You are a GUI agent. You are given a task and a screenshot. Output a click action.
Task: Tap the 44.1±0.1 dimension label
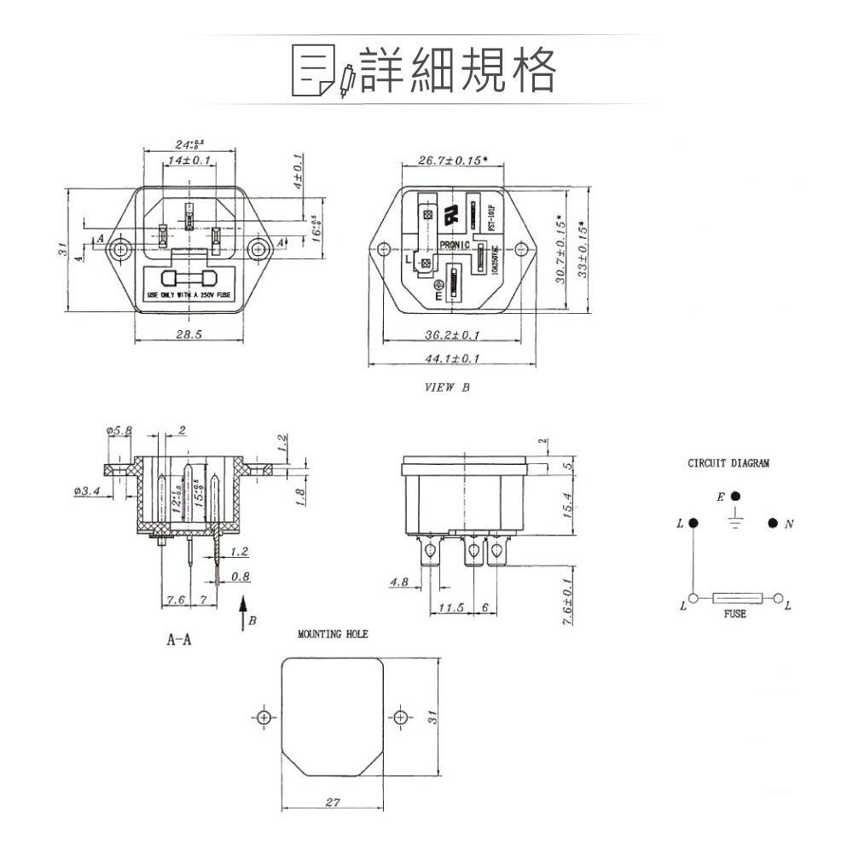coord(451,358)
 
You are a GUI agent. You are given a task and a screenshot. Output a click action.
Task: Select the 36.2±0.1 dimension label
coord(451,334)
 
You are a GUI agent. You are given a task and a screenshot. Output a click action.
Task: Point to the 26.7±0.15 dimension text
coord(453,160)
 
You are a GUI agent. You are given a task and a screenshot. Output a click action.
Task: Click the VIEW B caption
coord(447,387)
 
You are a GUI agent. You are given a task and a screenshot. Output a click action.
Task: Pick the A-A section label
coord(178,640)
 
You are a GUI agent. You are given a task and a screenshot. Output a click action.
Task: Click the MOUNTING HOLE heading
coord(333,635)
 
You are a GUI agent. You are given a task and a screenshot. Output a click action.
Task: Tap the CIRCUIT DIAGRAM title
coord(728,464)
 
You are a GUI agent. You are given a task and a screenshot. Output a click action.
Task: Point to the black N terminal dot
coord(772,523)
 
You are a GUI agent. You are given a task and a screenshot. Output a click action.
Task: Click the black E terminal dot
coord(736,496)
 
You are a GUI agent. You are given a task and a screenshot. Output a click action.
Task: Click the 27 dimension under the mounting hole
coord(334,803)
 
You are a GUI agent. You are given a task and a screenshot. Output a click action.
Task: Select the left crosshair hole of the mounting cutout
coord(265,716)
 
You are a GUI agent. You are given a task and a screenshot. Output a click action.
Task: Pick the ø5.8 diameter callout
coord(119,431)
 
